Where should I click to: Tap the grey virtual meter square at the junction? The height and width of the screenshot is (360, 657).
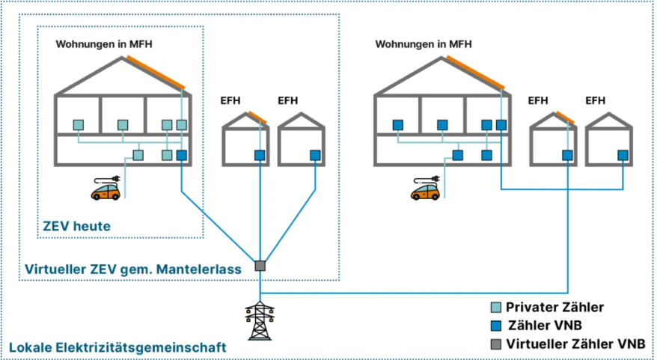[x=260, y=266]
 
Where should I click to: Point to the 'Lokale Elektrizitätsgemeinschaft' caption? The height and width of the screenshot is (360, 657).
[x=117, y=347]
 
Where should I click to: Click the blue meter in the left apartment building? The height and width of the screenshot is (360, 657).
[x=181, y=156]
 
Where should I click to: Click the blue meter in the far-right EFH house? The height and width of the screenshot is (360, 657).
[x=623, y=156]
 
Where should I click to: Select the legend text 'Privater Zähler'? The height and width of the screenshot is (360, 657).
[x=554, y=307]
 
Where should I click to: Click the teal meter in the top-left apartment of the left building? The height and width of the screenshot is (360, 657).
[x=78, y=125]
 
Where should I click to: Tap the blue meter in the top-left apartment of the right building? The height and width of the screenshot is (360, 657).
[x=398, y=125]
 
